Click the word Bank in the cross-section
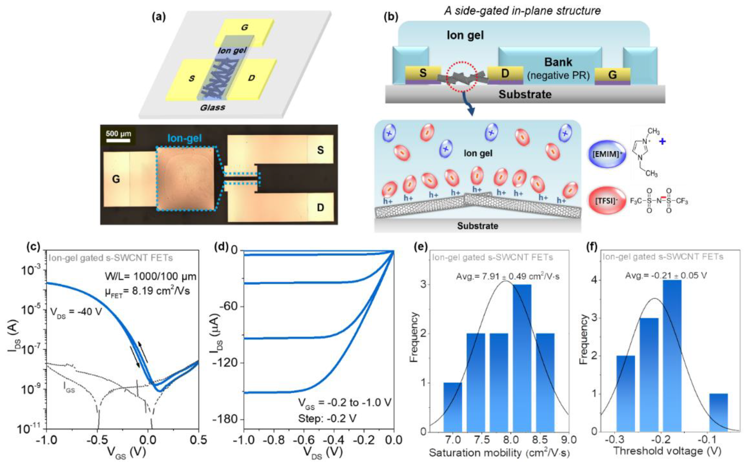tap(558, 62)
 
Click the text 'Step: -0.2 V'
tap(327, 418)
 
